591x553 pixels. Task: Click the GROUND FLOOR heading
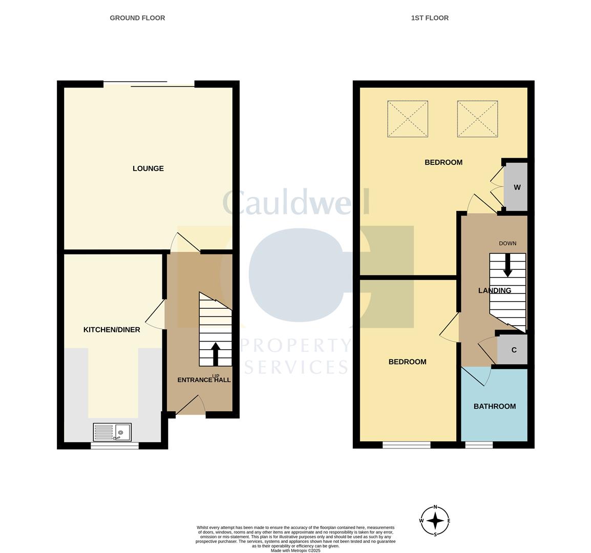coord(137,18)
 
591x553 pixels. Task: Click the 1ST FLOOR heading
coord(430,18)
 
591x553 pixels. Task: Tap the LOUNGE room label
coord(148,168)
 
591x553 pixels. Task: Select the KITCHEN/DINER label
coord(112,330)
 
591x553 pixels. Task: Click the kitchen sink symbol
coord(112,432)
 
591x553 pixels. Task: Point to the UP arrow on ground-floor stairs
coord(216,354)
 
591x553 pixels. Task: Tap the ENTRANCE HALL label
coord(204,380)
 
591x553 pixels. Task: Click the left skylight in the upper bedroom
coord(408,119)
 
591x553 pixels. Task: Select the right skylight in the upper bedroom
coord(477,119)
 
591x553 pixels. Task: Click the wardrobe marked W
coord(516,187)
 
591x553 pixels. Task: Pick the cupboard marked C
coord(513,350)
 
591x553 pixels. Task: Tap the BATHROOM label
coord(495,407)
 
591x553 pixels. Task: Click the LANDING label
coord(495,291)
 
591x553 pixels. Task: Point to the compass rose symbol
coord(435,521)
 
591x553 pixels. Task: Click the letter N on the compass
coord(435,507)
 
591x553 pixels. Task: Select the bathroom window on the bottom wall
coord(479,445)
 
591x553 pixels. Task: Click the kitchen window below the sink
coord(115,445)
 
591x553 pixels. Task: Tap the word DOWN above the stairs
coord(508,244)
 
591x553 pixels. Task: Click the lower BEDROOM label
coord(408,362)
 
